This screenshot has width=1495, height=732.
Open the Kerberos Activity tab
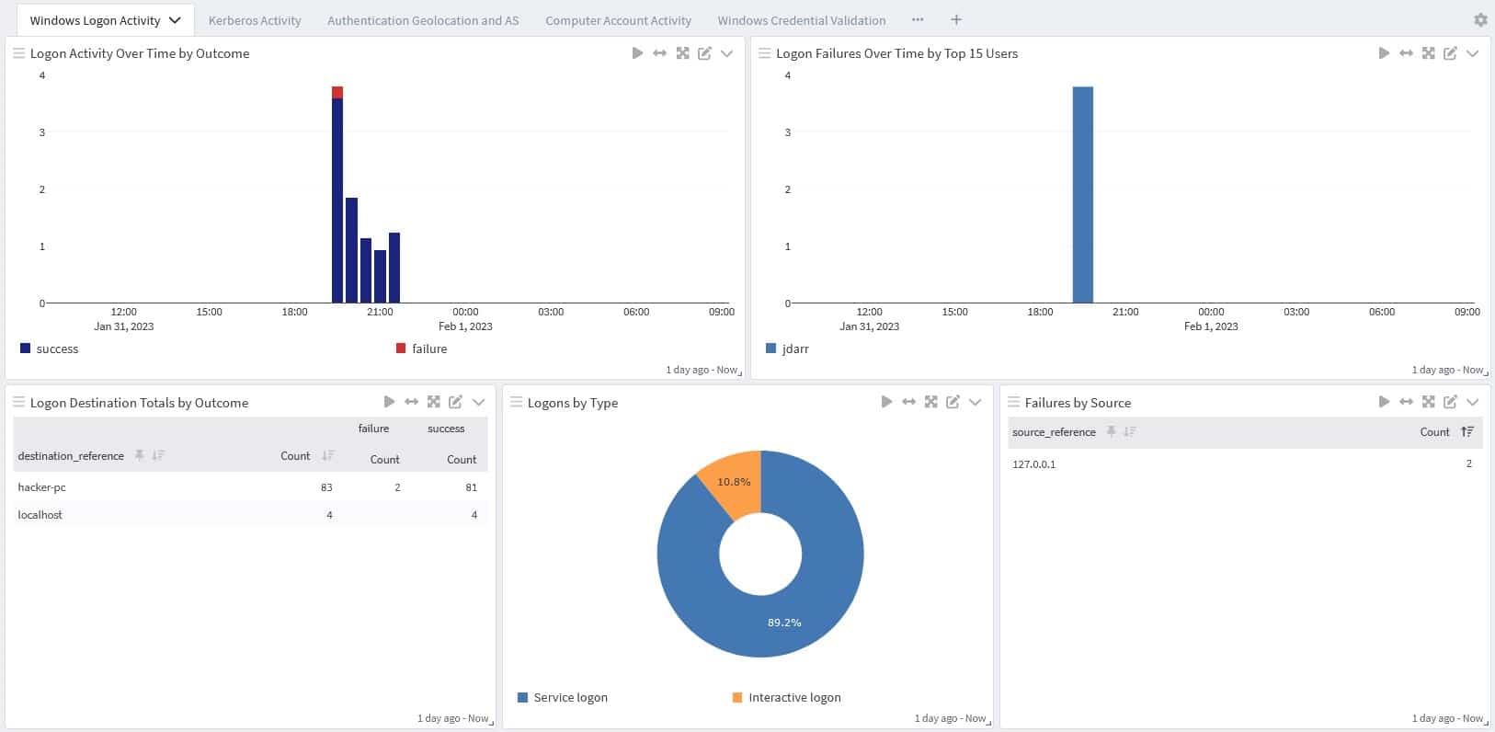point(255,20)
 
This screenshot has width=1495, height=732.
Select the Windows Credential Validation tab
point(801,20)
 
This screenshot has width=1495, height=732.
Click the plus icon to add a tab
point(956,19)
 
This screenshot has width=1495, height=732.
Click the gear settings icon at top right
point(1480,19)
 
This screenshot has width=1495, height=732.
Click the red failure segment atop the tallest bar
point(337,92)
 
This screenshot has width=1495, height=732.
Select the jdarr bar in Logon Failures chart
point(1082,194)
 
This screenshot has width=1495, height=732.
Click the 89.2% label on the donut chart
point(784,623)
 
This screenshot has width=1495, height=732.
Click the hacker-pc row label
point(42,487)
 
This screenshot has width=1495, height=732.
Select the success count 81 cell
point(471,487)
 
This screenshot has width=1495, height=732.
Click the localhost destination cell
point(40,515)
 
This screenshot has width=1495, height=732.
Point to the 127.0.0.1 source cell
point(1033,464)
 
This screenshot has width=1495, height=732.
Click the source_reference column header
point(1054,432)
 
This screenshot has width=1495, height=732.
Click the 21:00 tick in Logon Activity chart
point(380,312)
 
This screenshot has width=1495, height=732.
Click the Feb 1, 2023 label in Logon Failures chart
point(1211,326)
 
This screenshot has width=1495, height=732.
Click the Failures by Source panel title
point(1078,403)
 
